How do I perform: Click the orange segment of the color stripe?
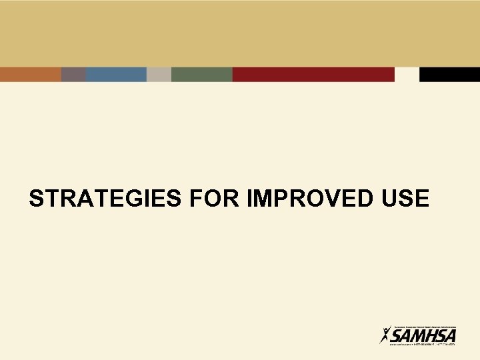(31, 74)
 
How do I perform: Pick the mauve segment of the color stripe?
(73, 74)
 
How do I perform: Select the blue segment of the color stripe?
(116, 74)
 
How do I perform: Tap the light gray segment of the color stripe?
(159, 74)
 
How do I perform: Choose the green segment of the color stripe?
(201, 74)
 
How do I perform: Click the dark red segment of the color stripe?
(313, 74)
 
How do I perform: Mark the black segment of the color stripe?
(449, 74)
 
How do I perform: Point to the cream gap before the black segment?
(407, 74)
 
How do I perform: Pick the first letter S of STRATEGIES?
(37, 199)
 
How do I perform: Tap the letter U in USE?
(392, 199)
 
